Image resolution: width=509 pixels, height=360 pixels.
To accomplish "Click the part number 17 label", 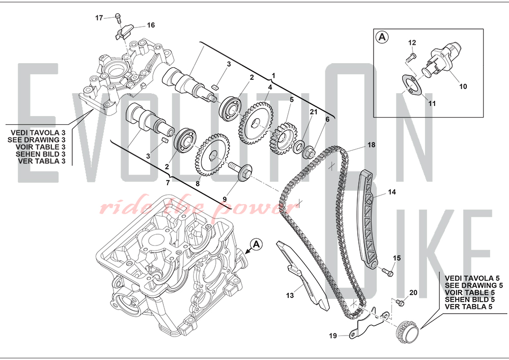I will coord(99,18).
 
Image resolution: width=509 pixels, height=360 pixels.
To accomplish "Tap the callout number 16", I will coord(151,25).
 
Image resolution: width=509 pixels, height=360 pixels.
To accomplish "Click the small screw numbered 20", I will coord(400,303).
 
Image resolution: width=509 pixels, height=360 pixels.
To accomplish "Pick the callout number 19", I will coord(332,336).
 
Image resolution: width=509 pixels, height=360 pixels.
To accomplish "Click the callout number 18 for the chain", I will coord(371,145).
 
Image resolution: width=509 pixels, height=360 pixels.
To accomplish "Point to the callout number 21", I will coord(314,112).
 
